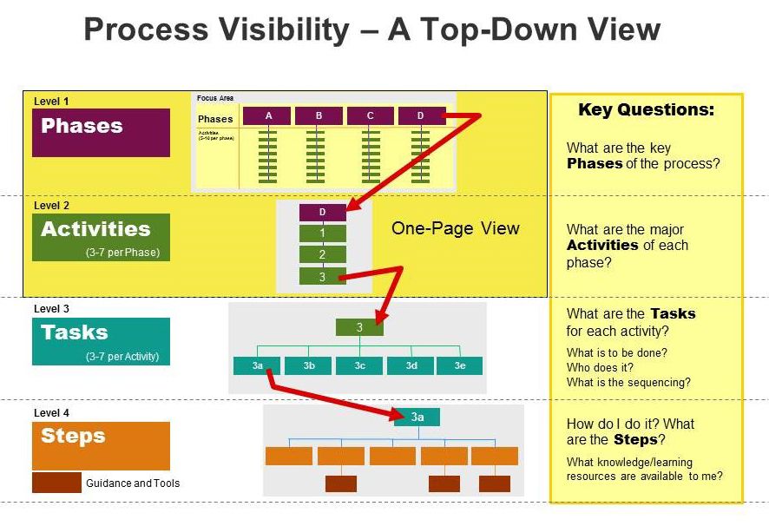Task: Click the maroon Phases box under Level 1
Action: click(101, 132)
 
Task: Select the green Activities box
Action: click(101, 237)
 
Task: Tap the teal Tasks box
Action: click(101, 341)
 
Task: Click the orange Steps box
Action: click(101, 445)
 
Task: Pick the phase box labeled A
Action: click(267, 116)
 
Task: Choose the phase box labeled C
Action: click(371, 116)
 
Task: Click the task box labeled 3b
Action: click(309, 366)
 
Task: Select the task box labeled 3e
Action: click(459, 366)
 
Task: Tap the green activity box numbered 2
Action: click(322, 254)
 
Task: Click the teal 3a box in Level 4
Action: click(417, 418)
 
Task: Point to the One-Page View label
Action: click(455, 229)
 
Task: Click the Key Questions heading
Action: click(646, 110)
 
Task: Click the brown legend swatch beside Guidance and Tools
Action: click(56, 483)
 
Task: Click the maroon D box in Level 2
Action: click(322, 213)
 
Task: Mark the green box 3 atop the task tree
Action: click(359, 327)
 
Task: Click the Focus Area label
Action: click(215, 98)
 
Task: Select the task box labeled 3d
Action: click(411, 366)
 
